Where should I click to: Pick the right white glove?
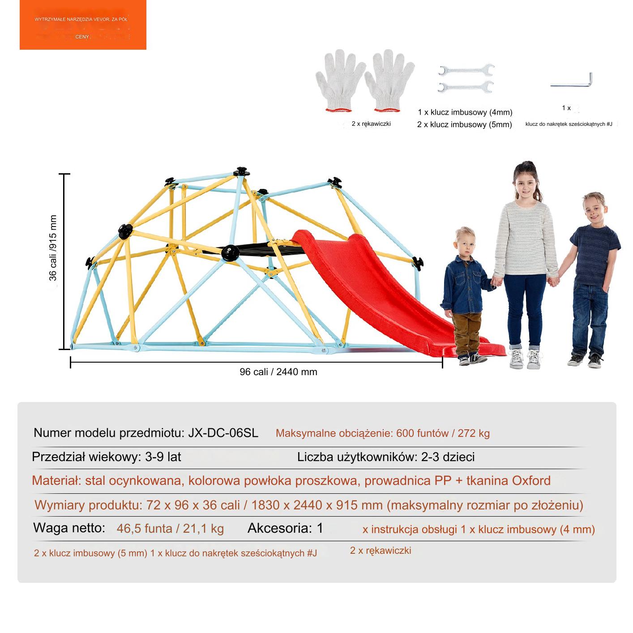pos(389,81)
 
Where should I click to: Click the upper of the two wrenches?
pos(466,70)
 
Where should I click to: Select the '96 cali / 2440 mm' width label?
pos(278,372)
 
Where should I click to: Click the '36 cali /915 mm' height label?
pos(53,248)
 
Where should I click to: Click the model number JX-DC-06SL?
pos(223,433)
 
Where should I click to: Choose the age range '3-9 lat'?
pos(163,457)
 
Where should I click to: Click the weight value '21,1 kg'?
pos(203,529)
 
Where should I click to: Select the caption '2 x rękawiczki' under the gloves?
pos(371,124)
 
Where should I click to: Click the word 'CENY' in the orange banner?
pos(82,37)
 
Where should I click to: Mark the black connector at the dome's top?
pos(241,171)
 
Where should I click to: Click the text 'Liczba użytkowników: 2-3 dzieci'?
pos(386,457)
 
